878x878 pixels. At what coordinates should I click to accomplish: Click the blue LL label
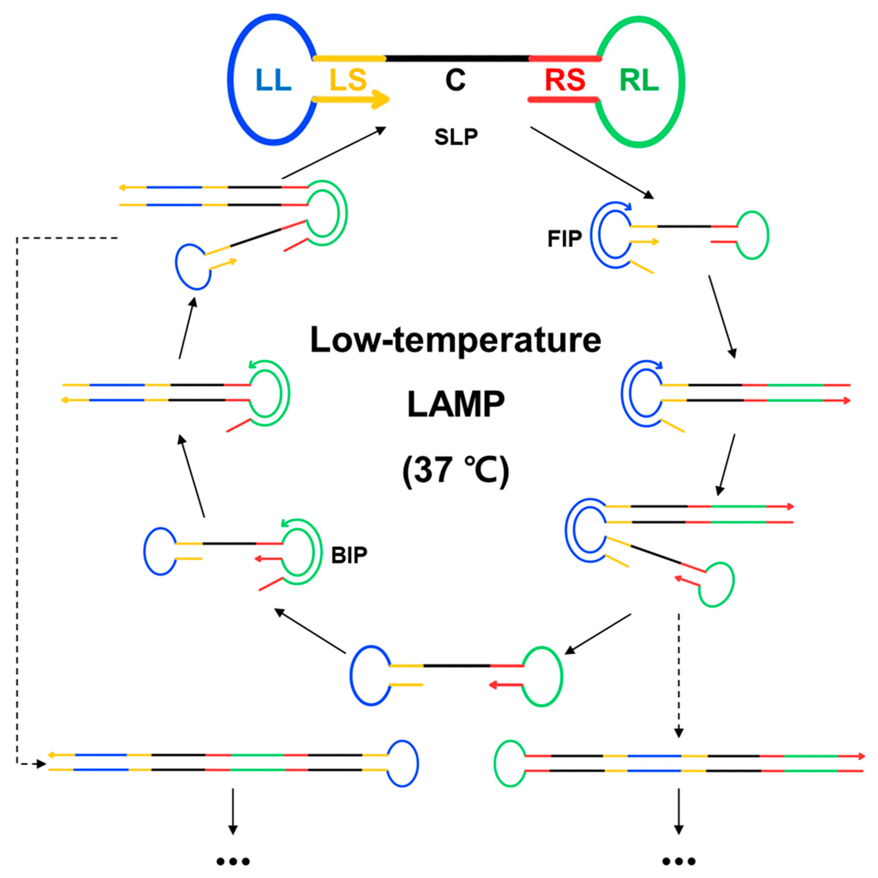click(273, 80)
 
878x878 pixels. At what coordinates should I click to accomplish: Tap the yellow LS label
click(348, 80)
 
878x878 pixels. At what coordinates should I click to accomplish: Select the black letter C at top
click(455, 80)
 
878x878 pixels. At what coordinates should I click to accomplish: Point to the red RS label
click(565, 80)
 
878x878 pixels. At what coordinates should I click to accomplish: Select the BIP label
click(349, 555)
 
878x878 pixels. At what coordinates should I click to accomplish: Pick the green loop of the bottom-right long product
click(510, 764)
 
